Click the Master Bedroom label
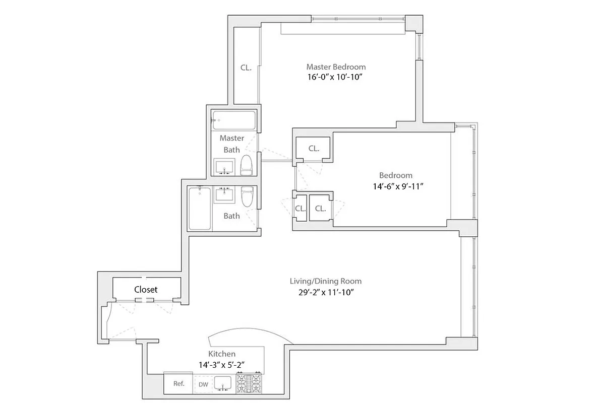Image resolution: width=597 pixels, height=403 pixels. pos(336,66)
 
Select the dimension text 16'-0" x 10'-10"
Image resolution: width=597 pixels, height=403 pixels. pos(336,78)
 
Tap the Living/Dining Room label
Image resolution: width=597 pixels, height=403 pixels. pos(325,281)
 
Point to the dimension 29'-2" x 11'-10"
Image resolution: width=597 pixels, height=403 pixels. pos(325,292)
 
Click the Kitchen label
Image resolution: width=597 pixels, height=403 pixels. pos(222,354)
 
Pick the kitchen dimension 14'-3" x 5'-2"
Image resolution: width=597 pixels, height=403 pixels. pos(222,364)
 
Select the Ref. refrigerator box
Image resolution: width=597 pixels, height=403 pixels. pos(178,383)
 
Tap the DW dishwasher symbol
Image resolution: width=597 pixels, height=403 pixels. pos(203,384)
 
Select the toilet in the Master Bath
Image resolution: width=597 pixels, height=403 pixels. pos(246,165)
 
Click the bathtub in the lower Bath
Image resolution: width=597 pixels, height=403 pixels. pos(200,209)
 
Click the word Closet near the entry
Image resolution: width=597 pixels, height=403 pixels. pos(146,290)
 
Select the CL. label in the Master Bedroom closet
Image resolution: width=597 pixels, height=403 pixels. pos(246,67)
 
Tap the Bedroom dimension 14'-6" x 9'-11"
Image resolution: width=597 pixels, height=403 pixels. pos(396,186)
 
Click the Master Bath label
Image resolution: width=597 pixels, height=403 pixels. pos(232,144)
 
